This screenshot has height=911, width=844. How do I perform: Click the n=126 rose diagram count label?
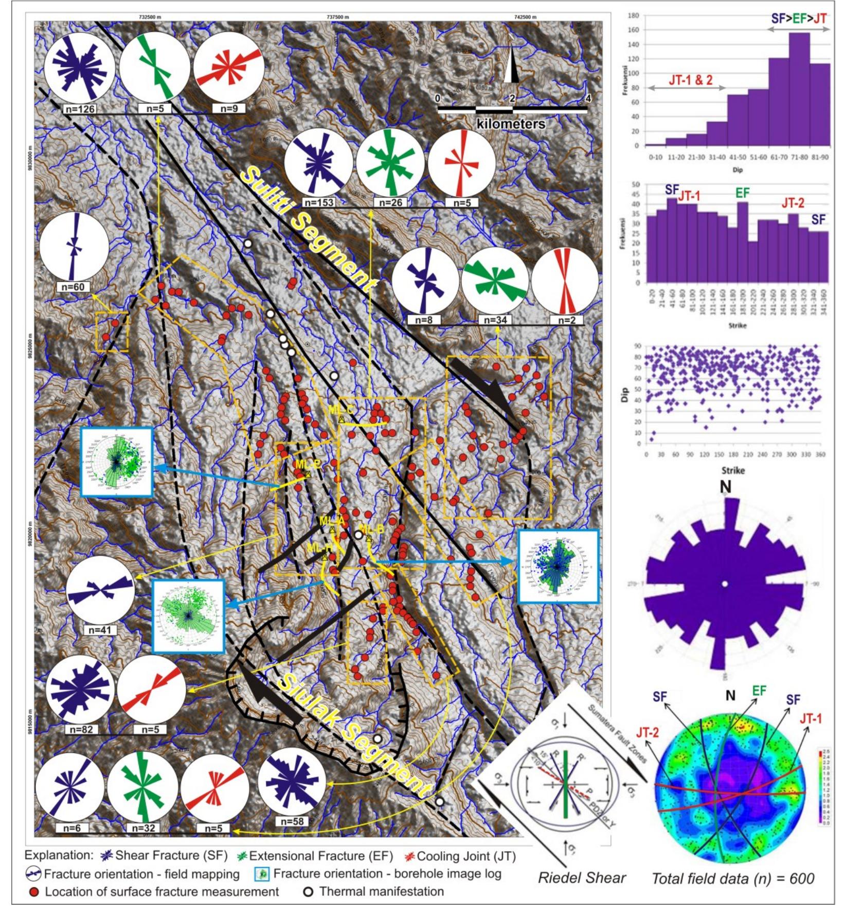coord(78,109)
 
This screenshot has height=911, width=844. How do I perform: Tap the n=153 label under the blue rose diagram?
coord(319,203)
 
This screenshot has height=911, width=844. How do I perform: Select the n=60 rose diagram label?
coord(73,287)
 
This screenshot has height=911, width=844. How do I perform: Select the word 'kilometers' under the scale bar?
coord(511,124)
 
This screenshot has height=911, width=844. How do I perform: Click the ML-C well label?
coord(340,410)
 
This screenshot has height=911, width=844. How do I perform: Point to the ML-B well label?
coord(371,529)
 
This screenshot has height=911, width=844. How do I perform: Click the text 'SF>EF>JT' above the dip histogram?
coord(799,19)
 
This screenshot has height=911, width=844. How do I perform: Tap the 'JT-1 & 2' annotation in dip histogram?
coord(690,80)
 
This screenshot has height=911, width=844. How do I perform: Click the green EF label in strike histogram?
coord(742,193)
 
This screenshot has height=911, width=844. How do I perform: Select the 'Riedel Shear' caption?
coord(582,878)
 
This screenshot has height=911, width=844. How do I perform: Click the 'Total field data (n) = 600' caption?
coord(733,878)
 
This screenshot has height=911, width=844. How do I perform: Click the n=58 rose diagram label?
coord(292,822)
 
